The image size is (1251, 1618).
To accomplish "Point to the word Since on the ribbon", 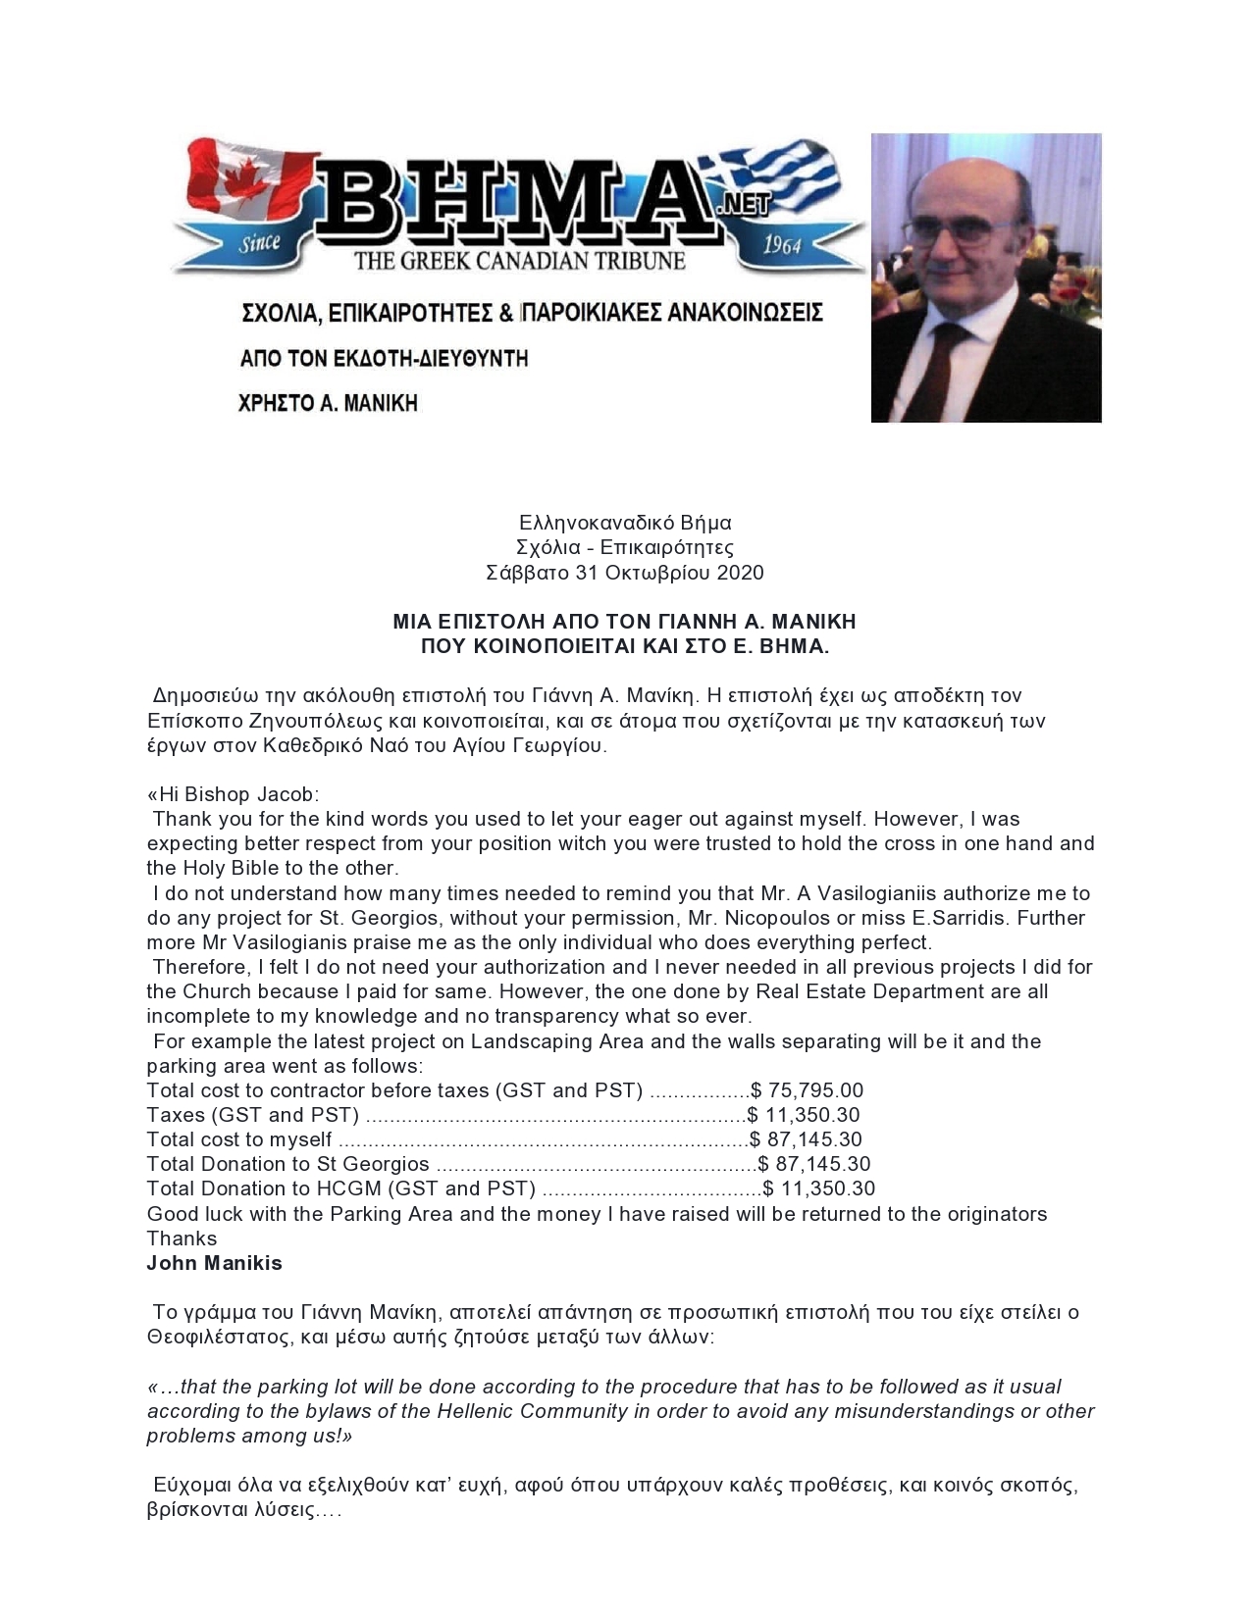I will coord(260,243).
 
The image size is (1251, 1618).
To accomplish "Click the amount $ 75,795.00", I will coord(808,1090).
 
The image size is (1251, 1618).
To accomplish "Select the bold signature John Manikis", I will coord(214,1263).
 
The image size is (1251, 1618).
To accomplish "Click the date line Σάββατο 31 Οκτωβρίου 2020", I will coord(625,573).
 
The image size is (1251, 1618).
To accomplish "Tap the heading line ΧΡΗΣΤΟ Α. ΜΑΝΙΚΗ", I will coord(330,402).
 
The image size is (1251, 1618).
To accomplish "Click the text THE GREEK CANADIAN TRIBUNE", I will coord(519,261).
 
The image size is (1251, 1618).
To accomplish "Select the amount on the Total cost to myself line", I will coord(807,1139).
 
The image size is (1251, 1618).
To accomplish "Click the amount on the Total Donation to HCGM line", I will coord(819,1188).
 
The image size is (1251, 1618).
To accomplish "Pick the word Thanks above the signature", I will coord(182,1239).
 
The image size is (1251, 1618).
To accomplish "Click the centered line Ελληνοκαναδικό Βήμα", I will coord(625,523).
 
